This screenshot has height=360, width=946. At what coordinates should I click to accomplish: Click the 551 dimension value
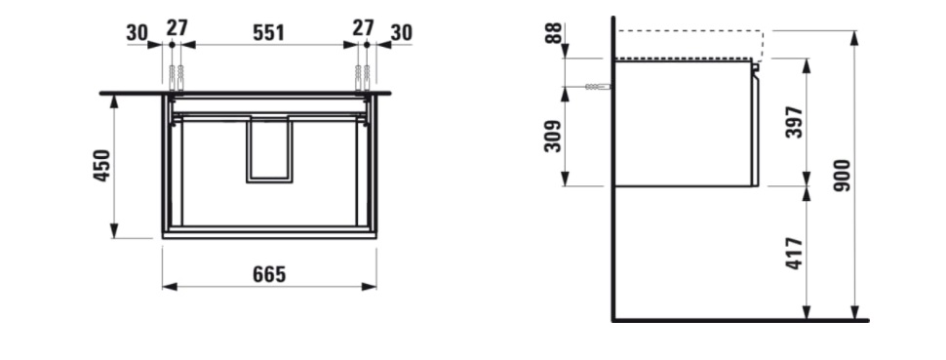coord(268,32)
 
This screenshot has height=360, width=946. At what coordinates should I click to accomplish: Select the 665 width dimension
coord(269,274)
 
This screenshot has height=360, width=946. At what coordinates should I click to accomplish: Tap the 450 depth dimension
coord(101,166)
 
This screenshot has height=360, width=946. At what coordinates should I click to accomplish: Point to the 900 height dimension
coord(842,176)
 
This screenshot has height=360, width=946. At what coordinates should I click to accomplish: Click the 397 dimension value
coord(795,122)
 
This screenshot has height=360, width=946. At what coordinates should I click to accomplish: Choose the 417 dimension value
coord(795,254)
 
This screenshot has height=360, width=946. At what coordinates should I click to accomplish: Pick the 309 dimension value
coord(553,137)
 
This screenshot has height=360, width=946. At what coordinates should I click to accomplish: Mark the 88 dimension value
coord(554,32)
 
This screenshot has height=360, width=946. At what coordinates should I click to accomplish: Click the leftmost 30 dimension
coord(138,32)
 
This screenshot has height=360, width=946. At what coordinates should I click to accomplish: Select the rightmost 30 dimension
coord(401,32)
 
